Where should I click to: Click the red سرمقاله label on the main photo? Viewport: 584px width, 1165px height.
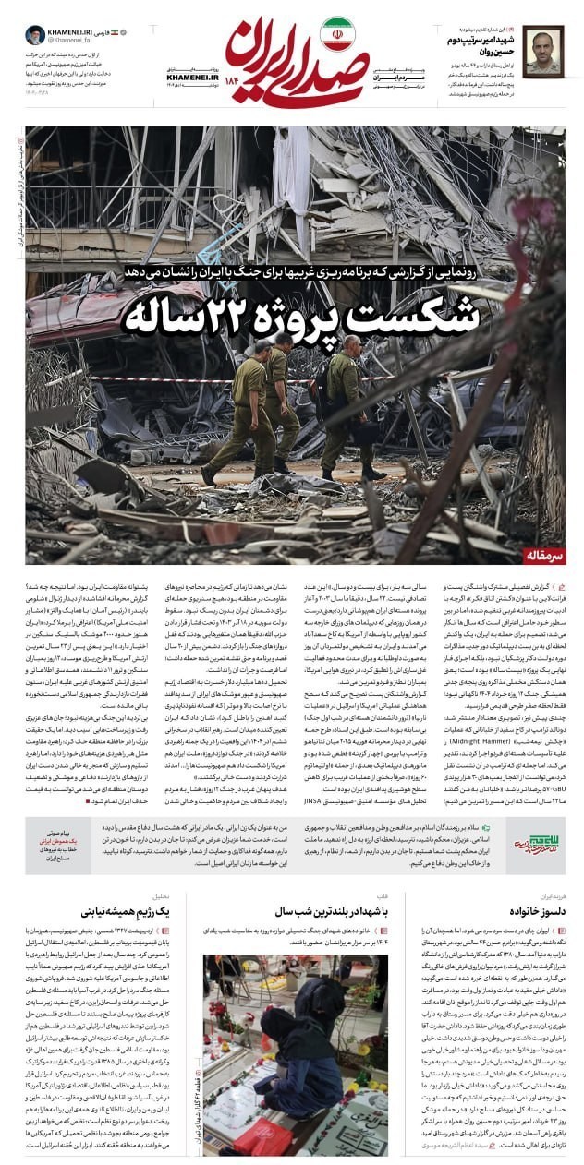click(x=537, y=557)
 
